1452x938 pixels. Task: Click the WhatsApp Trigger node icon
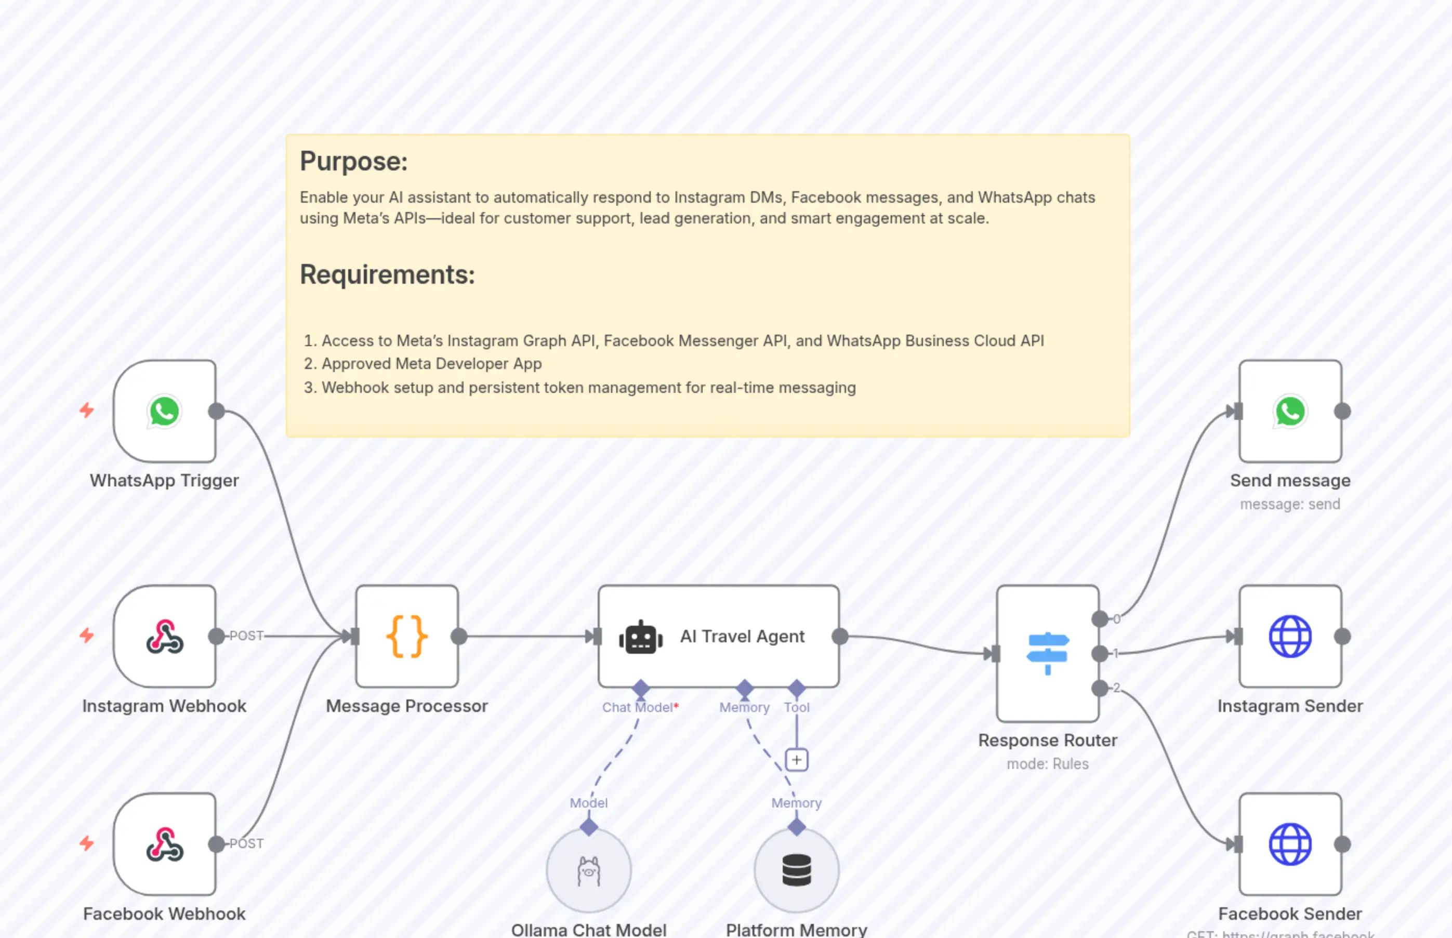pos(164,411)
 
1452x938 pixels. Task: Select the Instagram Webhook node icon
pos(164,637)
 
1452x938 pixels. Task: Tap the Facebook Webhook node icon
pos(164,844)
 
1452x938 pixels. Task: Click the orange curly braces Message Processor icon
pos(407,637)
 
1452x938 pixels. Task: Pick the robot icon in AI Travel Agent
pos(641,638)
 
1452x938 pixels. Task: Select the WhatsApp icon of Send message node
pos(1290,411)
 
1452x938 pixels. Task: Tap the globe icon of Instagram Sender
pos(1290,637)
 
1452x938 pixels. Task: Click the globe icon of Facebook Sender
pos(1290,844)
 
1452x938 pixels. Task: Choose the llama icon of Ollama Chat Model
pos(588,871)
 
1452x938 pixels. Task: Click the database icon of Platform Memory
pos(797,870)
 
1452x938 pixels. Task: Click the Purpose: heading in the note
pos(353,162)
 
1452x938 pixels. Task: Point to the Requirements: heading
pos(387,275)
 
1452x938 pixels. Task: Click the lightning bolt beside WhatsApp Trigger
pos(86,410)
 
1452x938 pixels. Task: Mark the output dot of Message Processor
pos(459,637)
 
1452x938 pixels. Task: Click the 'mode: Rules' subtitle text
pos(1048,764)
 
